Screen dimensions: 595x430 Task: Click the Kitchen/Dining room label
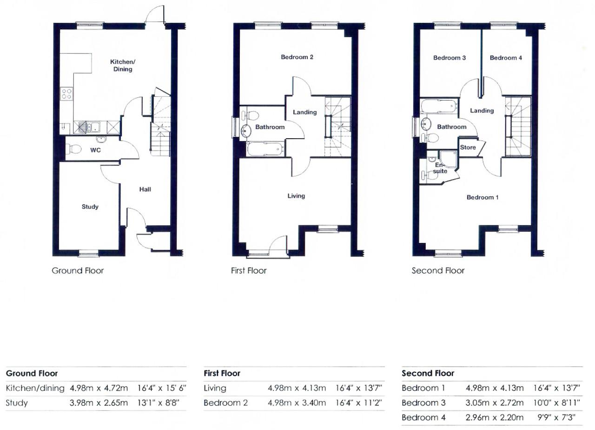pos(123,66)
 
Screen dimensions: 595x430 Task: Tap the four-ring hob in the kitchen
pos(66,94)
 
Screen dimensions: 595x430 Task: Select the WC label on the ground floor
pos(95,150)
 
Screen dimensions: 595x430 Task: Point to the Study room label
pos(90,207)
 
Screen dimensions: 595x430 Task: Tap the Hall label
pos(145,189)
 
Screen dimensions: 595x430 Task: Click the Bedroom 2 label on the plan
pos(297,57)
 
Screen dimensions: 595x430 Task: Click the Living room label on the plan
pos(296,196)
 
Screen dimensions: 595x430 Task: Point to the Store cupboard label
pos(468,148)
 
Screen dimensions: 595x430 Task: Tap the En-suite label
pos(440,168)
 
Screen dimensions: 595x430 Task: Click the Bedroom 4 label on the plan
pos(506,58)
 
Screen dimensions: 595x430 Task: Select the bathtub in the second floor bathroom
pos(438,107)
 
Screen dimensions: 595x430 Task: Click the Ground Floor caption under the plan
pos(78,271)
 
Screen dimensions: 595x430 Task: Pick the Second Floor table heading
pos(428,373)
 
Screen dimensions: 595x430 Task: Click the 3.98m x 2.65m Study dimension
pos(99,403)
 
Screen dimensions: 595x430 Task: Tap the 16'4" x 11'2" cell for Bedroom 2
pos(358,403)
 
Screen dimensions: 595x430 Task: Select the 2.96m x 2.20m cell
pos(495,417)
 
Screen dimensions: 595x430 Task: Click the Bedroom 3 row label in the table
pos(423,403)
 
